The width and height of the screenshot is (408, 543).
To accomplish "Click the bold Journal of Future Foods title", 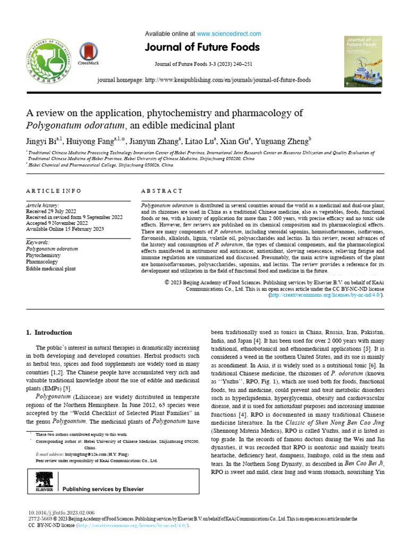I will point(204,48).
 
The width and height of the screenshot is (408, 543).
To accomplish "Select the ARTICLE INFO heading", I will point(54,190).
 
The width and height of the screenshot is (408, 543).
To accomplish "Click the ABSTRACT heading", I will point(161,190).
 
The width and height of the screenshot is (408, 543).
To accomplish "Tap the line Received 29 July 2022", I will point(55,211).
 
